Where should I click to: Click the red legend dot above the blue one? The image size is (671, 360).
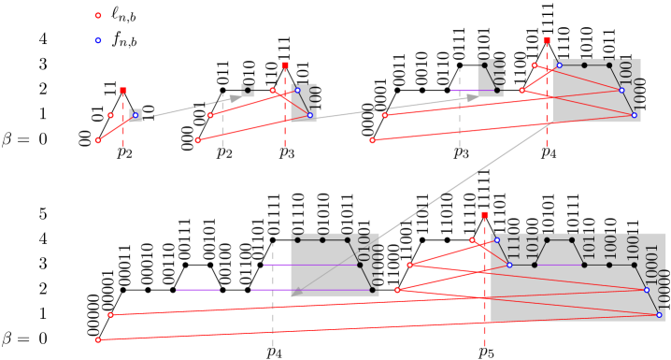[x=98, y=16]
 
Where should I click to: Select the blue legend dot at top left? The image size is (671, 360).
[x=98, y=40]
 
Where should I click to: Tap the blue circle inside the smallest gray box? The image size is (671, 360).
[x=136, y=115]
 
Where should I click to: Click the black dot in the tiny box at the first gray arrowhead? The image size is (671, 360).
[x=248, y=91]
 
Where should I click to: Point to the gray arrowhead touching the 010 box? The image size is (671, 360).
[x=473, y=97]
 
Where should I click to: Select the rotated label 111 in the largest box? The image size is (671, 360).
[x=513, y=247]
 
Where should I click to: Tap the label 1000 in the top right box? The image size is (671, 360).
[x=635, y=94]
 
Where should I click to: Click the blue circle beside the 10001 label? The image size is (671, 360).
[x=647, y=290]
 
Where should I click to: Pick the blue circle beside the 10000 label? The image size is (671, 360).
[x=659, y=314]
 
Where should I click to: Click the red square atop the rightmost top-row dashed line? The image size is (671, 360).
[x=547, y=41]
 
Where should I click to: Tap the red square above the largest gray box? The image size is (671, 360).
[x=484, y=215]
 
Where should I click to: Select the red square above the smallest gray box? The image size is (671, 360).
[x=123, y=91]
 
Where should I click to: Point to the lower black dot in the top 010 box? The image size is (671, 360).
[x=497, y=91]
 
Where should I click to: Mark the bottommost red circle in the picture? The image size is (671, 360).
[x=98, y=339]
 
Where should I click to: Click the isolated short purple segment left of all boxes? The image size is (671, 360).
[x=197, y=290]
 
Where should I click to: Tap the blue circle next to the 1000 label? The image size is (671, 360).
[x=634, y=115]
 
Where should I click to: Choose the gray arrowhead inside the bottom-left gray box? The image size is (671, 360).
[x=297, y=293]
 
